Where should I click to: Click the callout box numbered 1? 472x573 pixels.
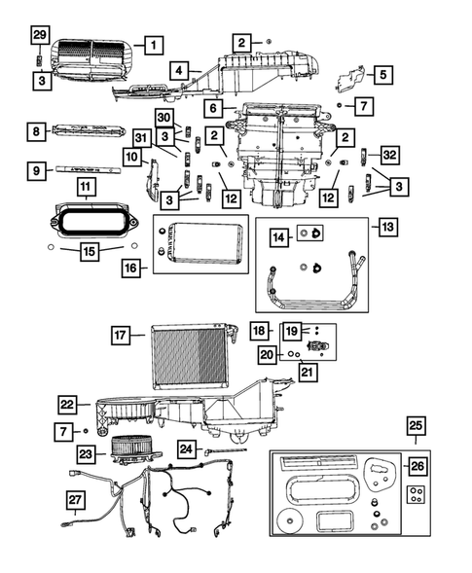152,44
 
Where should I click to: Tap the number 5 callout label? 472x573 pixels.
381,74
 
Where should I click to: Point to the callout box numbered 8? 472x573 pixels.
36,131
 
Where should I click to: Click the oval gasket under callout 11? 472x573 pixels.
87,221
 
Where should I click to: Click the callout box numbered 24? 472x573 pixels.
188,448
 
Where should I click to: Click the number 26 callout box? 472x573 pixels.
416,466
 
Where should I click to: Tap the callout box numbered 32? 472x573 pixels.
387,155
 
